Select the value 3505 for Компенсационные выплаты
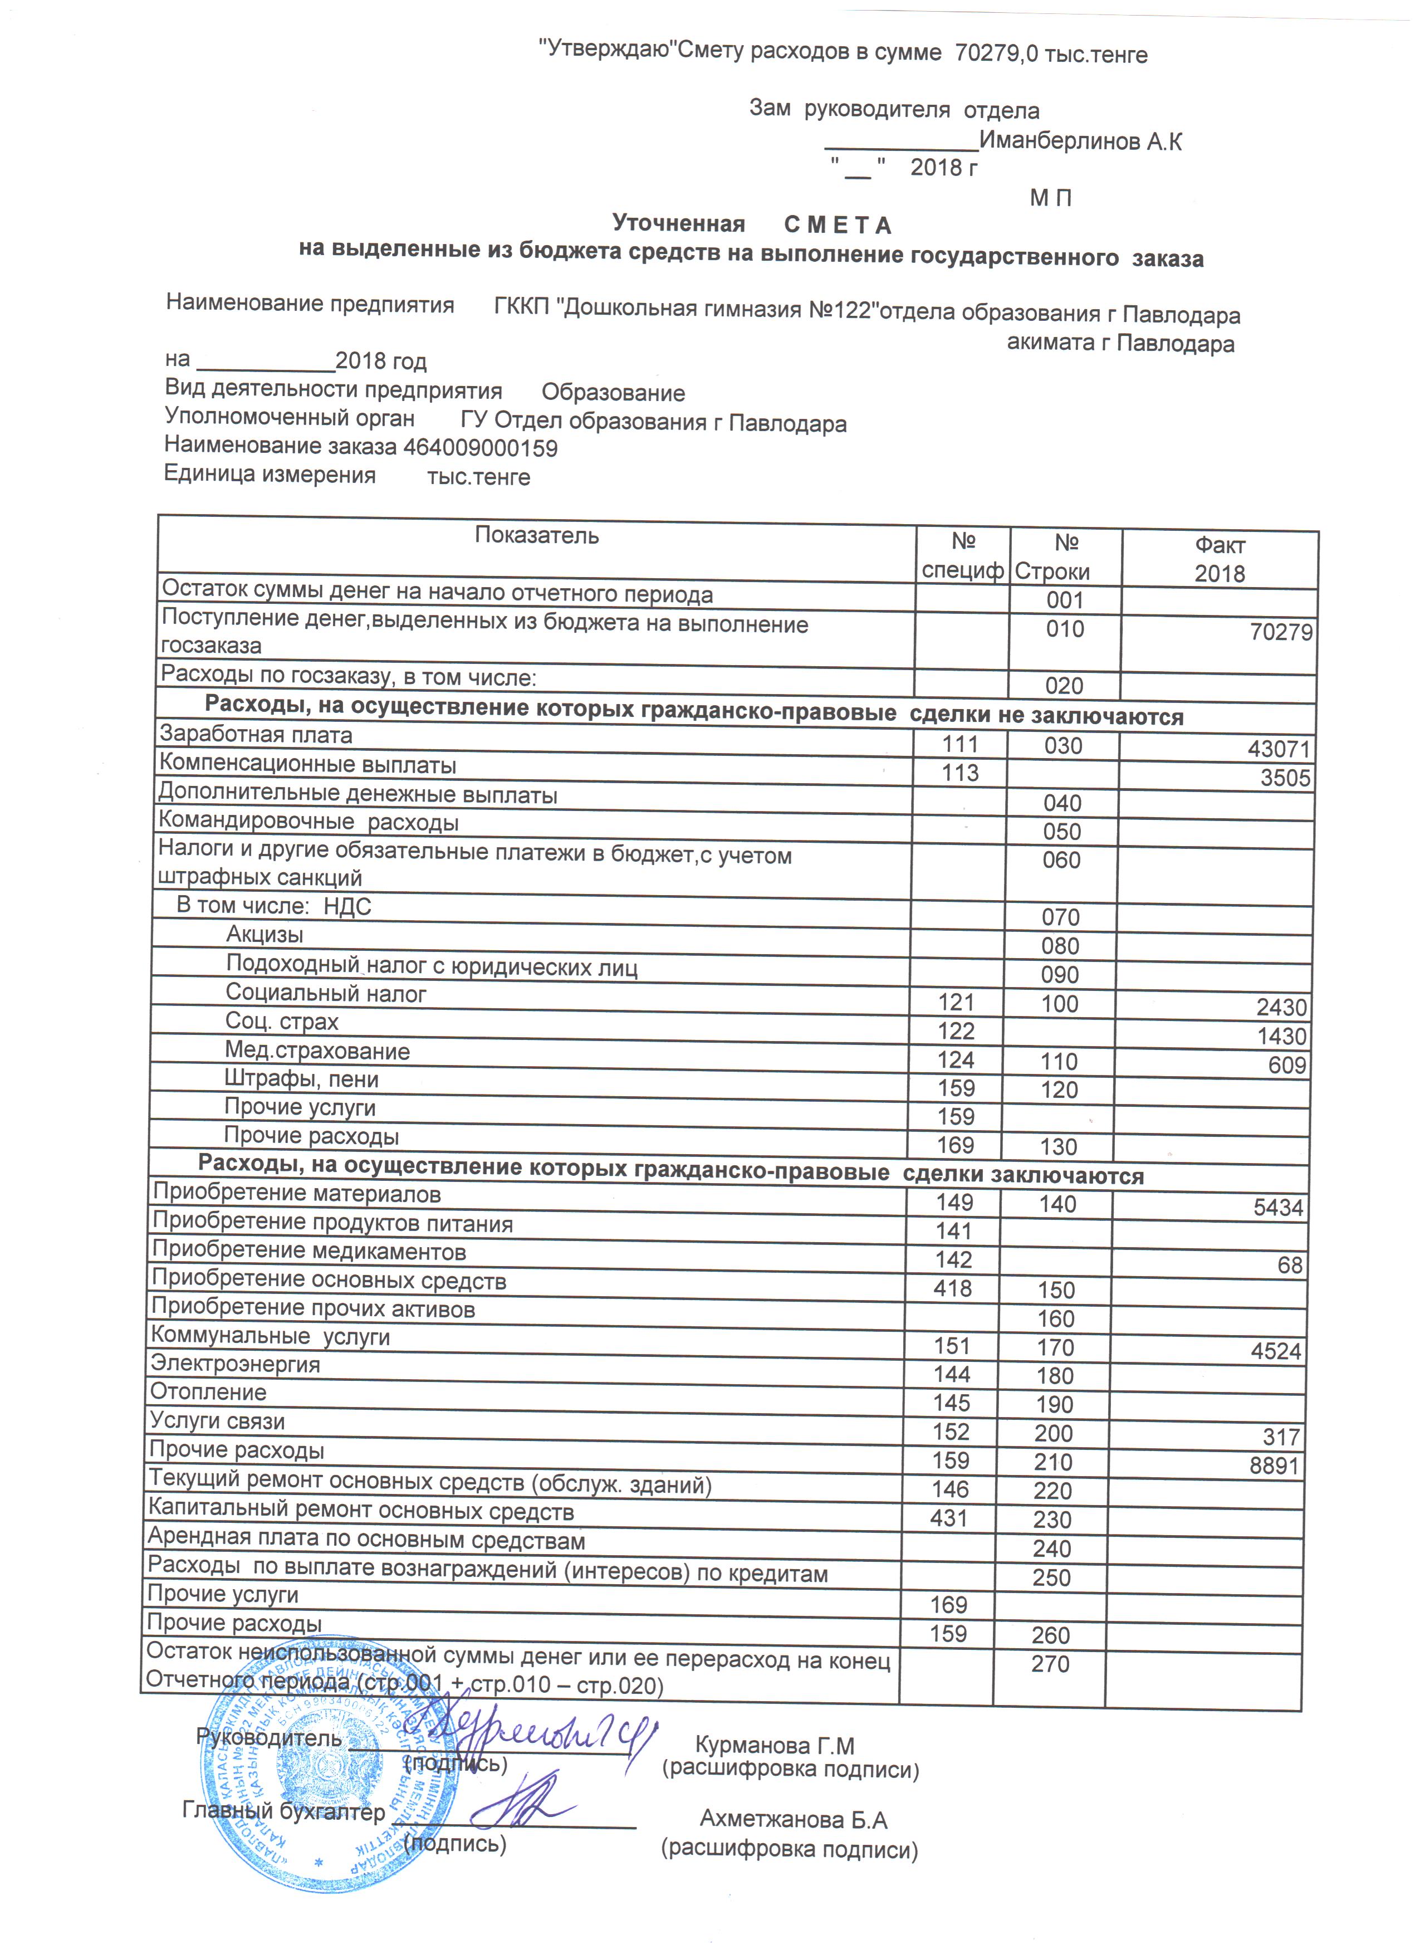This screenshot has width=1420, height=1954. click(1285, 778)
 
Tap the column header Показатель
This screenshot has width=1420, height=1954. click(536, 536)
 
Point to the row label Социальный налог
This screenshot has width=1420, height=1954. click(326, 993)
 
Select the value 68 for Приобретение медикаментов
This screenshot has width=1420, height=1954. click(1289, 1266)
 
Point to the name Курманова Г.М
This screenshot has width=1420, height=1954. click(774, 1746)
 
